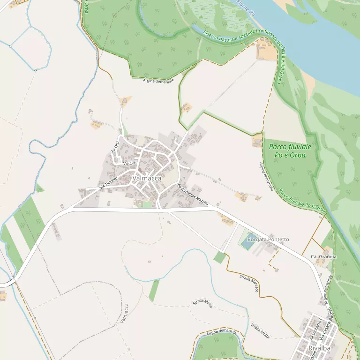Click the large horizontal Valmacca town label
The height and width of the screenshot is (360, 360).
click(147, 179)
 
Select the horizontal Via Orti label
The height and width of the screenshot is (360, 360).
click(130, 163)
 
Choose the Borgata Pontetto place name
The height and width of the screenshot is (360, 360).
click(268, 240)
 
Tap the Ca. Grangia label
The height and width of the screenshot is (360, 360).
click(323, 257)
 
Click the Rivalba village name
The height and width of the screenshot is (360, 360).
click(319, 348)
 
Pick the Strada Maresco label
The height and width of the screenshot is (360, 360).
click(249, 283)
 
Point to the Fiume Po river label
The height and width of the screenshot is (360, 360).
click(245, 8)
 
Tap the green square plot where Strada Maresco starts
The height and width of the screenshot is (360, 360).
click(219, 257)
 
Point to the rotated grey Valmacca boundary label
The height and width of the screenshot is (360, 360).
click(124, 313)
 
